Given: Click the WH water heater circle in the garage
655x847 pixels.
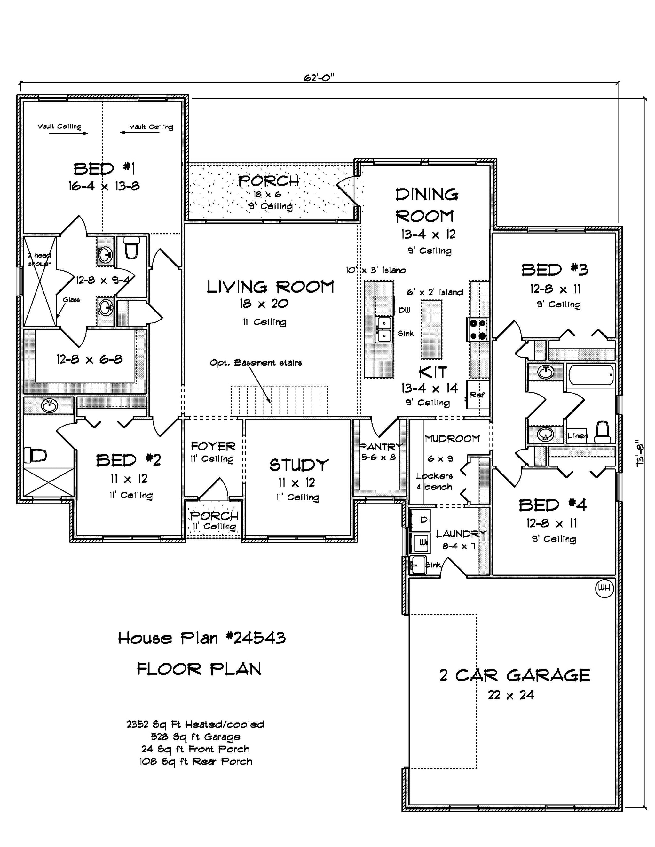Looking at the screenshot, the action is coord(604,588).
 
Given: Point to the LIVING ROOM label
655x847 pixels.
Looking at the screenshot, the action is coord(270,287).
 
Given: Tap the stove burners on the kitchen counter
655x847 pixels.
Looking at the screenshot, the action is coord(477,329).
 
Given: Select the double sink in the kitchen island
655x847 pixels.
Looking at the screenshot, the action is coord(383,329).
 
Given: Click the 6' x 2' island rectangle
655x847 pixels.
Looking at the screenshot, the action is coord(431,330).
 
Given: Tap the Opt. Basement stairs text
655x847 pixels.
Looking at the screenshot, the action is coord(256,363).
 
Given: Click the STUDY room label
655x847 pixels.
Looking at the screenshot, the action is coord(299,465).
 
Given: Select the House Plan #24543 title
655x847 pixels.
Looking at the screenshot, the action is coord(202,638).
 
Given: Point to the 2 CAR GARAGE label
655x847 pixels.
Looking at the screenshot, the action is coord(515,675).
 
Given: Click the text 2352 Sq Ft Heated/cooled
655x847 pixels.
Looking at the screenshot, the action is coord(196,724).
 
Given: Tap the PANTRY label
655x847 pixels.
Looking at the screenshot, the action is coord(381,446).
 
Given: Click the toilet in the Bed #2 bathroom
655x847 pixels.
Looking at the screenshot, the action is coord(35,455).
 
